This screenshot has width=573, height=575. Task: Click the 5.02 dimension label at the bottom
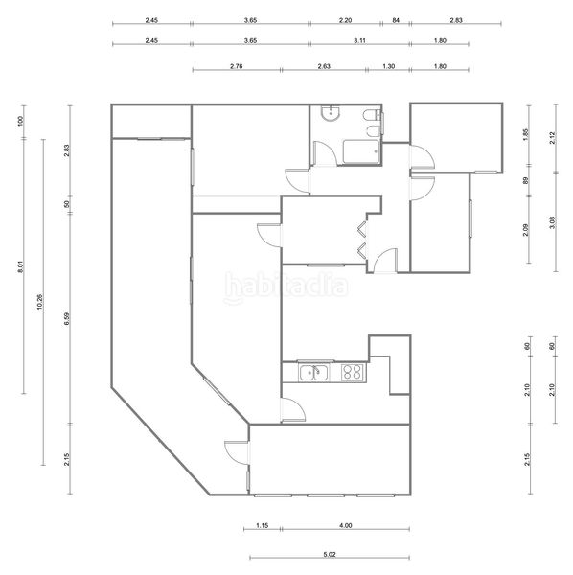click(330, 555)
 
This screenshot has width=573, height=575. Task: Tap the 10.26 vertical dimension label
click(40, 302)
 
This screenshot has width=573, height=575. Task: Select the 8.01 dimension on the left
click(20, 266)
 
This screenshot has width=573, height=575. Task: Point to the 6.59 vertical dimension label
click(67, 319)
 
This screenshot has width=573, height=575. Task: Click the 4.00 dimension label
click(345, 525)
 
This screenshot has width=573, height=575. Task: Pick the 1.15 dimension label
click(263, 525)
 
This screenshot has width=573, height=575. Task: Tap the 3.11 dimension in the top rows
click(359, 40)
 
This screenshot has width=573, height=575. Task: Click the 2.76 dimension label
click(236, 66)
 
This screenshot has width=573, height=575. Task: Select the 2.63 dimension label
click(324, 66)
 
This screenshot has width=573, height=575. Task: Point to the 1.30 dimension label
click(389, 66)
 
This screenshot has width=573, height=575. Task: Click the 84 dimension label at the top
click(396, 20)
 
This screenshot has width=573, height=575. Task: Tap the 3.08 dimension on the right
click(553, 222)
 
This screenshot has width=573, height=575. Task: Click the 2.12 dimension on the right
click(553, 138)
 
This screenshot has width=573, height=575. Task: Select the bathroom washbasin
click(331, 113)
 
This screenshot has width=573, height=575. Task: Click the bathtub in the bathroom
click(361, 151)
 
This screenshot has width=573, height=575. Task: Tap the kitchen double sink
click(314, 373)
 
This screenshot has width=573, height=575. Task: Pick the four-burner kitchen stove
click(353, 373)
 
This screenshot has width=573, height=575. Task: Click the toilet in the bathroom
click(373, 116)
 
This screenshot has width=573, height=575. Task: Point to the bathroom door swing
click(326, 153)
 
